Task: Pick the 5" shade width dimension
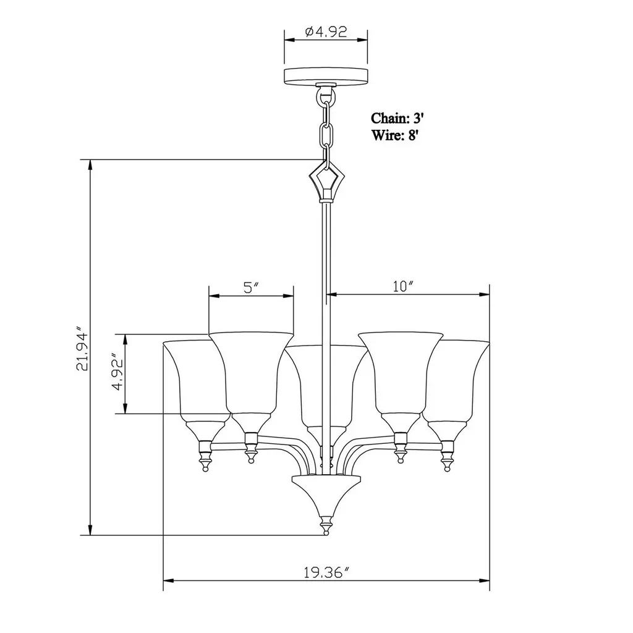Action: [x=250, y=287]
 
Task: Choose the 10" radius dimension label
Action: [x=402, y=286]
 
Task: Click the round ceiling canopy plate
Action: [x=325, y=77]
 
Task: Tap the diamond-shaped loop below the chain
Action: [x=325, y=181]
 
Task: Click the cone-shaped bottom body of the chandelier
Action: [x=325, y=491]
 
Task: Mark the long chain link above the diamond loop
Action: [x=326, y=134]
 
